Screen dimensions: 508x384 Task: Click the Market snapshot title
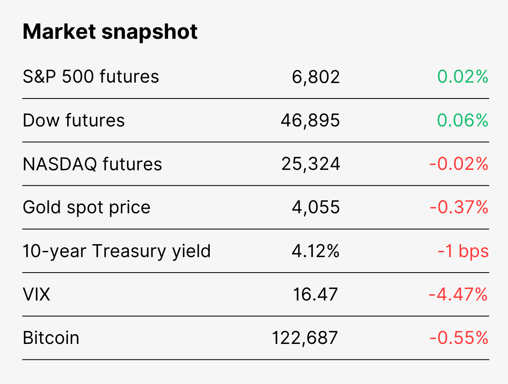point(110,32)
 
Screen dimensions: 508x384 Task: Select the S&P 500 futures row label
point(91,76)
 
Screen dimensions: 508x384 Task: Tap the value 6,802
point(316,77)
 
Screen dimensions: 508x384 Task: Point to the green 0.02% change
point(463,76)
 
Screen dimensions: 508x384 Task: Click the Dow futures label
point(73,120)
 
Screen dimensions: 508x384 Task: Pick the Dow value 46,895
point(310,121)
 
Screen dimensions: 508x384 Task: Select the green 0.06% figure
point(463,120)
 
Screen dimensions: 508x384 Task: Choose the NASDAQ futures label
point(92,164)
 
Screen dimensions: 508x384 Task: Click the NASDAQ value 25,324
point(311,164)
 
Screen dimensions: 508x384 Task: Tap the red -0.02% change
point(459,164)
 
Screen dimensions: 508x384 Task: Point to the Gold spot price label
point(87,207)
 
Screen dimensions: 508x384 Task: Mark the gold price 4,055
point(316,208)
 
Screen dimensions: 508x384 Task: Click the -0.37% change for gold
point(459,207)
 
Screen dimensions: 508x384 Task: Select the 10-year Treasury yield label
point(117,252)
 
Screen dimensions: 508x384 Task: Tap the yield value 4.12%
point(315,251)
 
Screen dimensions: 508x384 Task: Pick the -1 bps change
point(463,252)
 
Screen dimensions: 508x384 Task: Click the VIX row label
point(36,295)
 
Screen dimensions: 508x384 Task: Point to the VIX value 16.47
point(315,295)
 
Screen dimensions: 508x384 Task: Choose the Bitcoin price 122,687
point(305,339)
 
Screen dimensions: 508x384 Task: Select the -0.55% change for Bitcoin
point(459,338)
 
